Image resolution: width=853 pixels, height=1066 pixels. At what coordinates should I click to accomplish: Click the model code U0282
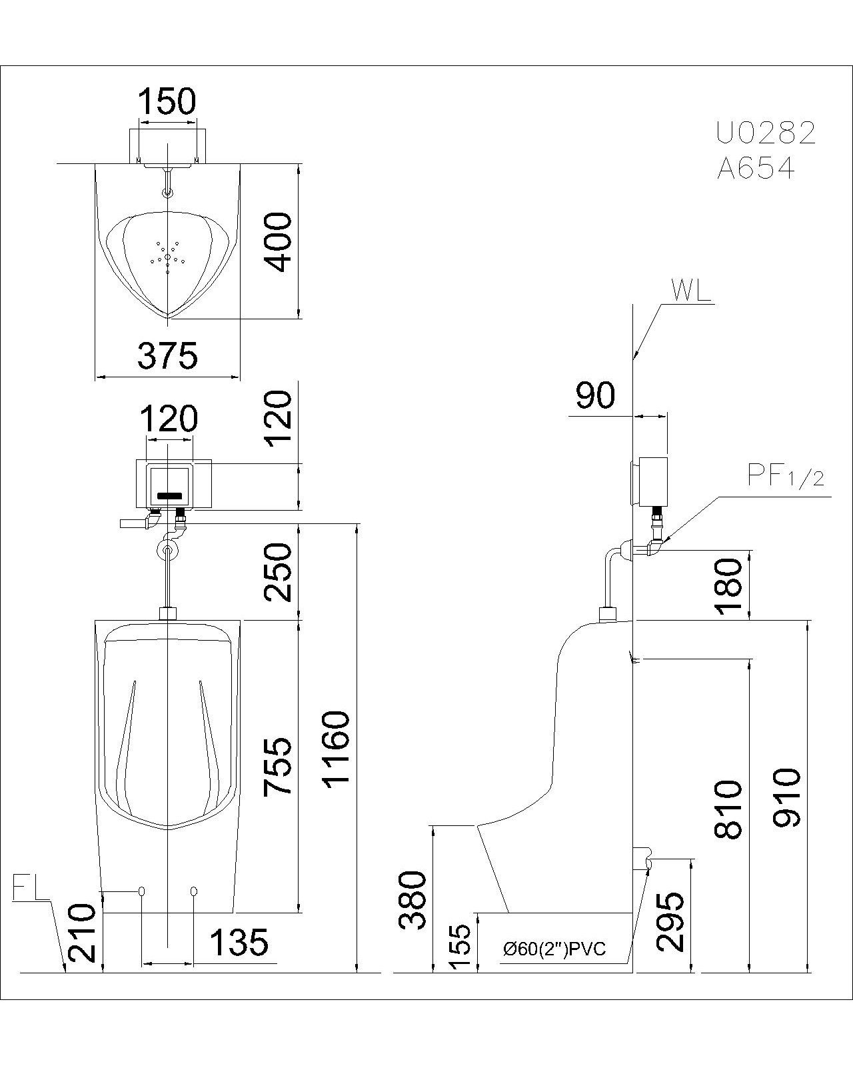(766, 134)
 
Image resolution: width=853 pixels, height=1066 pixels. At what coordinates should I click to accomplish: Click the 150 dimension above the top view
(167, 102)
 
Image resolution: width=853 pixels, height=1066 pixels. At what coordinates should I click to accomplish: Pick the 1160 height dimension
(337, 748)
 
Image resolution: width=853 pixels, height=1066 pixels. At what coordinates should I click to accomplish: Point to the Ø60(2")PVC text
(554, 949)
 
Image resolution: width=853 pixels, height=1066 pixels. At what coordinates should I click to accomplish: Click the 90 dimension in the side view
(595, 396)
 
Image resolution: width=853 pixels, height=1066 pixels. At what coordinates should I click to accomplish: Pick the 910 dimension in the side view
(786, 797)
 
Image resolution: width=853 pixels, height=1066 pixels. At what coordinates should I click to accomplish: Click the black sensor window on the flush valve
(169, 496)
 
